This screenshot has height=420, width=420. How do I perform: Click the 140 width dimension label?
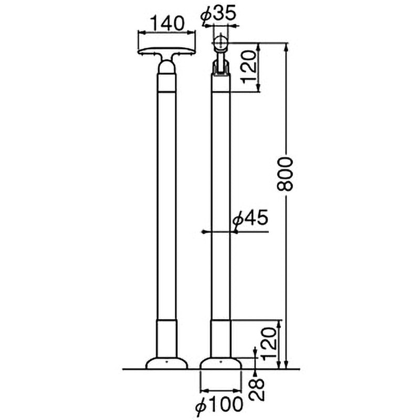point(167,23)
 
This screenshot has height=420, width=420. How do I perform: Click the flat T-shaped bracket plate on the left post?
point(167,52)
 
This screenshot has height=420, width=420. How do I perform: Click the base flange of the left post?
point(166,363)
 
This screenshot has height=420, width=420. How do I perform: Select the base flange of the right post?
point(221,363)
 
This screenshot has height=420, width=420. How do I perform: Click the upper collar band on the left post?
point(167,83)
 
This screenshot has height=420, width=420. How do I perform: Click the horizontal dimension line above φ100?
point(221,390)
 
